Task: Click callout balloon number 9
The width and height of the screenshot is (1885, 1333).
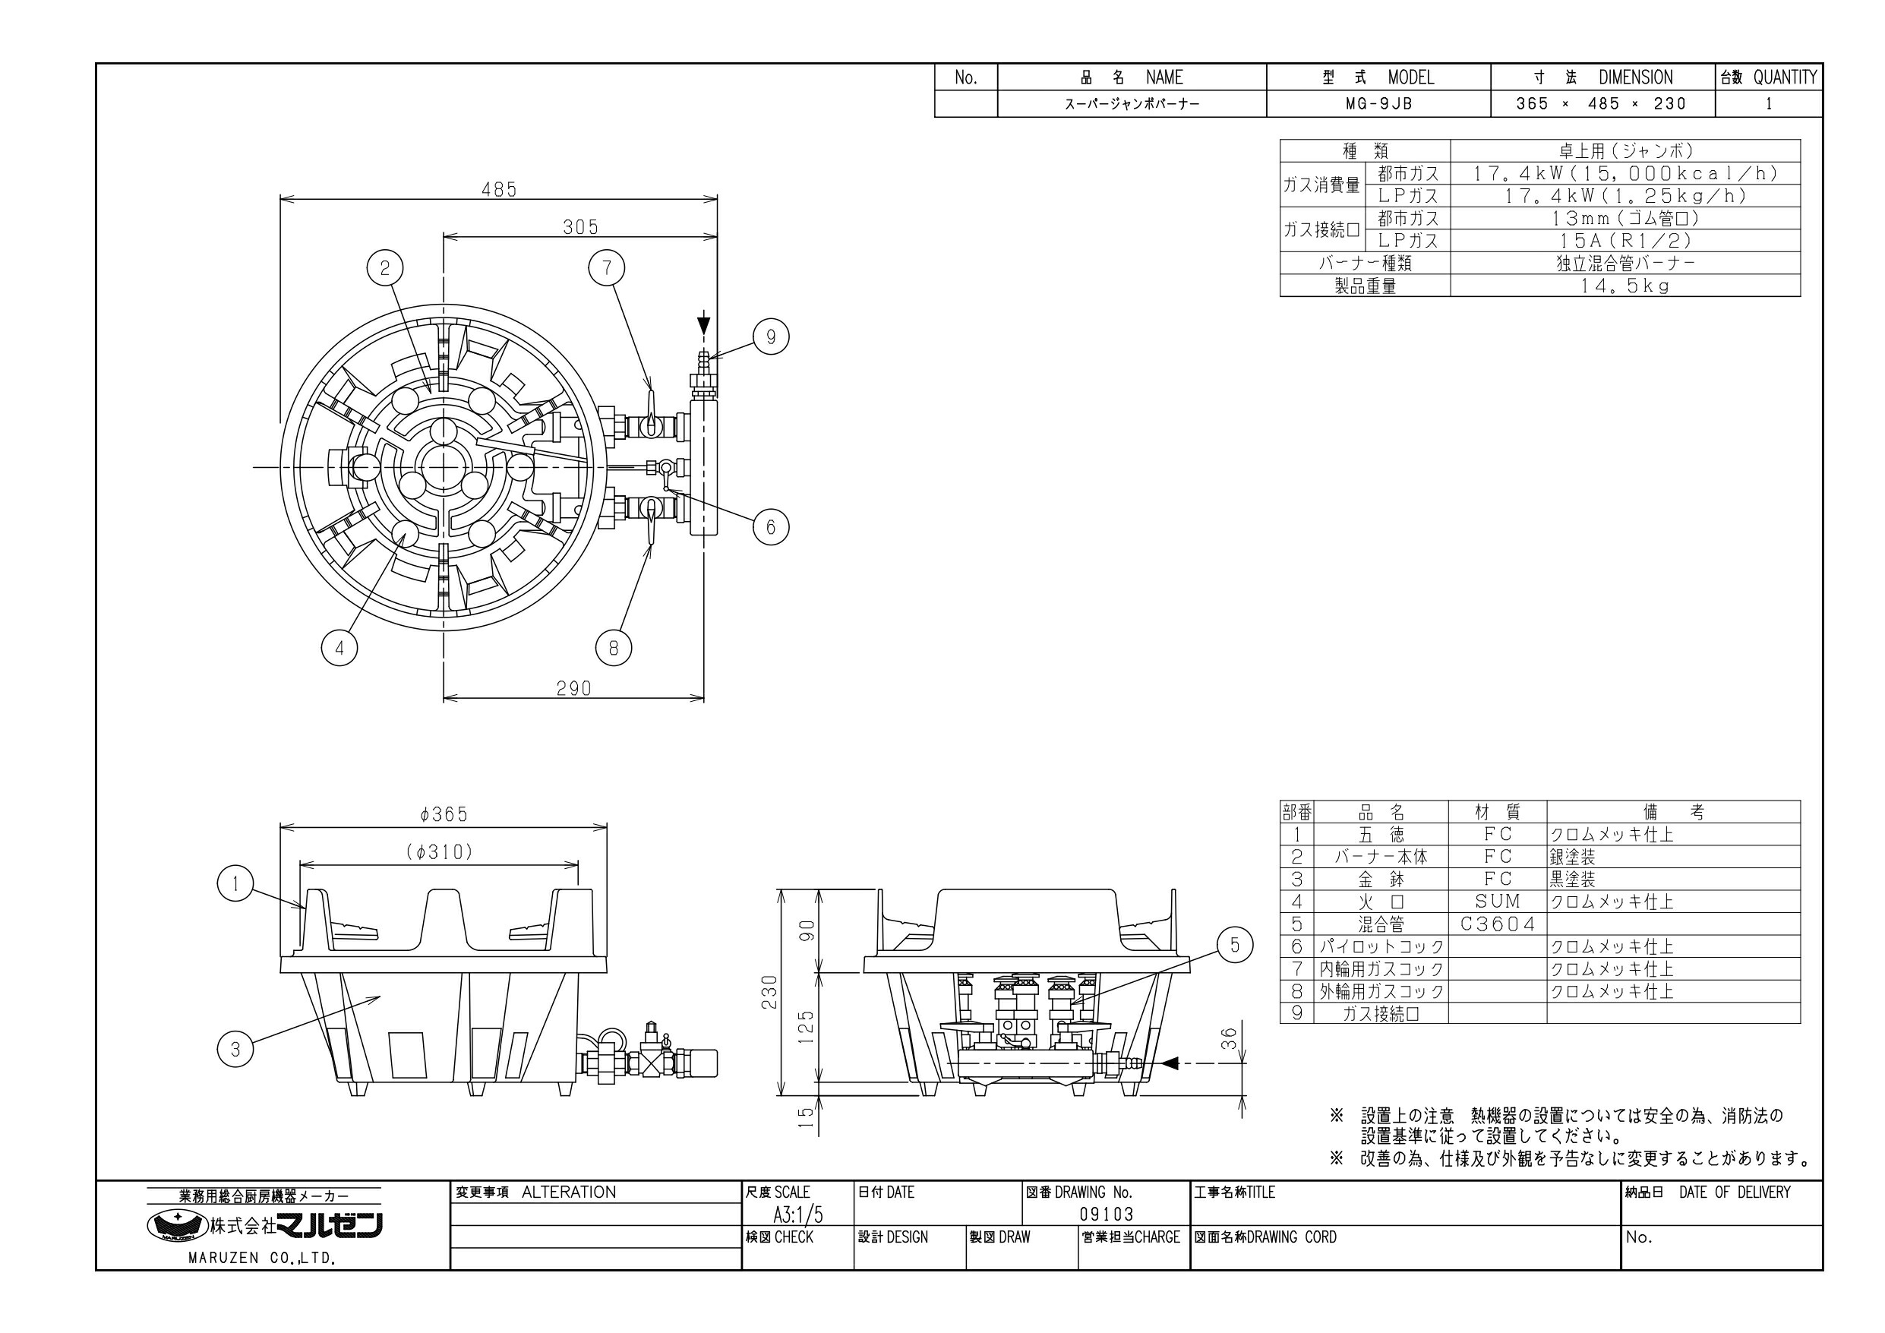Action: [x=770, y=336]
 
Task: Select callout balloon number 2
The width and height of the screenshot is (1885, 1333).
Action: [x=385, y=268]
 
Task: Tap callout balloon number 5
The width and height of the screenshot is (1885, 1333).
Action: [x=1235, y=946]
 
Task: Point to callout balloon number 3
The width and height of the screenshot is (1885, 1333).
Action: [x=235, y=1050]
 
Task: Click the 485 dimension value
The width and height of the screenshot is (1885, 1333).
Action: [x=499, y=190]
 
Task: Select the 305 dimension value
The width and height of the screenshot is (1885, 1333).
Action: [x=580, y=226]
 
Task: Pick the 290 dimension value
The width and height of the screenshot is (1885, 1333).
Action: [x=574, y=688]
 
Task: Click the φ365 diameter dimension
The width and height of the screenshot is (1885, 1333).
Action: [x=444, y=814]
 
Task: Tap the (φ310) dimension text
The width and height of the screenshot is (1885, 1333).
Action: [x=440, y=852]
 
